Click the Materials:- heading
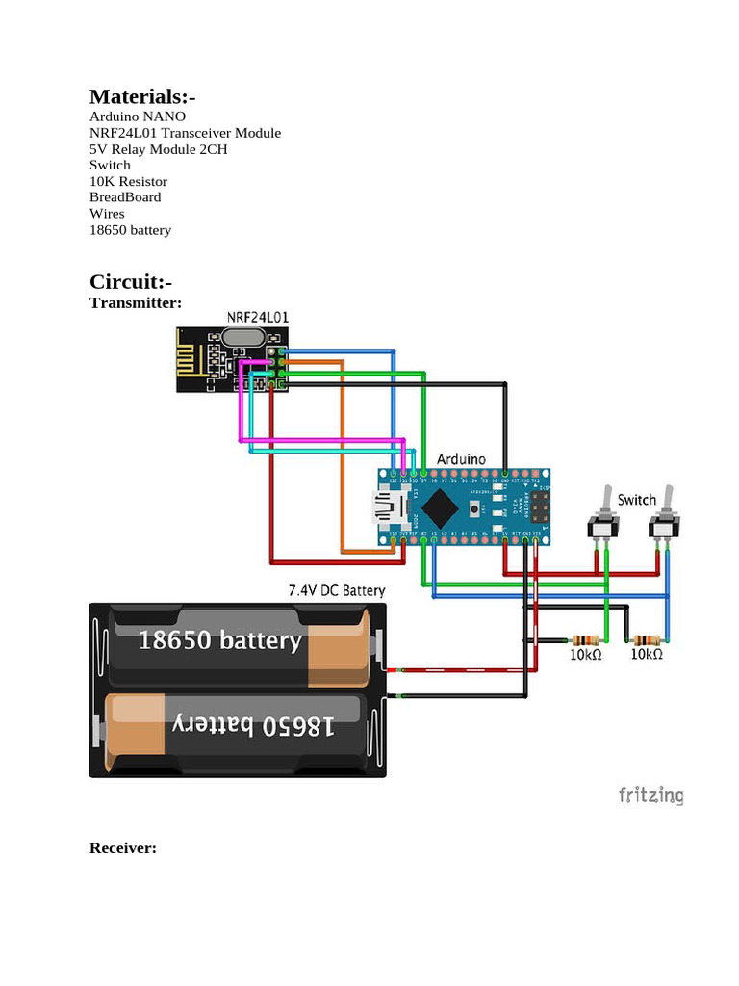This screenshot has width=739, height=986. click(x=142, y=97)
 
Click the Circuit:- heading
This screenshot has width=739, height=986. click(x=131, y=282)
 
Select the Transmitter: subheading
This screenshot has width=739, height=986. click(x=136, y=302)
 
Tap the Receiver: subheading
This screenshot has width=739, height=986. click(x=123, y=848)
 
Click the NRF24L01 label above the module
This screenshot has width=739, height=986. click(x=258, y=317)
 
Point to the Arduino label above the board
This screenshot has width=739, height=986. click(x=462, y=459)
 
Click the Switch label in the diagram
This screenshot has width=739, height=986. click(x=637, y=500)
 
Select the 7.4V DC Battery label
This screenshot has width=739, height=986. click(x=337, y=590)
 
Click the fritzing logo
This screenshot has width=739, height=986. click(x=650, y=795)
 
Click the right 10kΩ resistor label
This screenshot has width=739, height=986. click(x=647, y=655)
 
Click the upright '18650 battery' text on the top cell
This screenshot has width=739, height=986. click(x=220, y=640)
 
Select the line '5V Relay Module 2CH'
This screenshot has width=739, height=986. click(x=159, y=149)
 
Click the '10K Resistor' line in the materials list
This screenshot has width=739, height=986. click(x=128, y=181)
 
